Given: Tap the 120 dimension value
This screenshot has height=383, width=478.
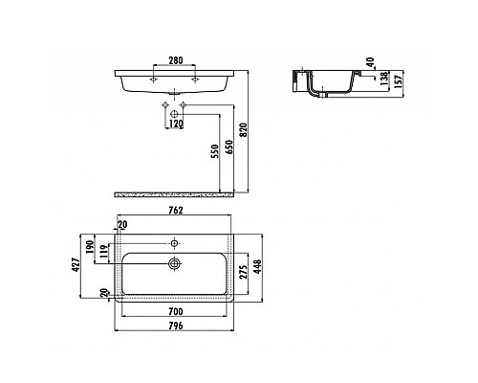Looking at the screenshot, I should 175,124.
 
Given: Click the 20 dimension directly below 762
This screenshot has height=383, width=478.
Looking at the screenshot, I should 122,225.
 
